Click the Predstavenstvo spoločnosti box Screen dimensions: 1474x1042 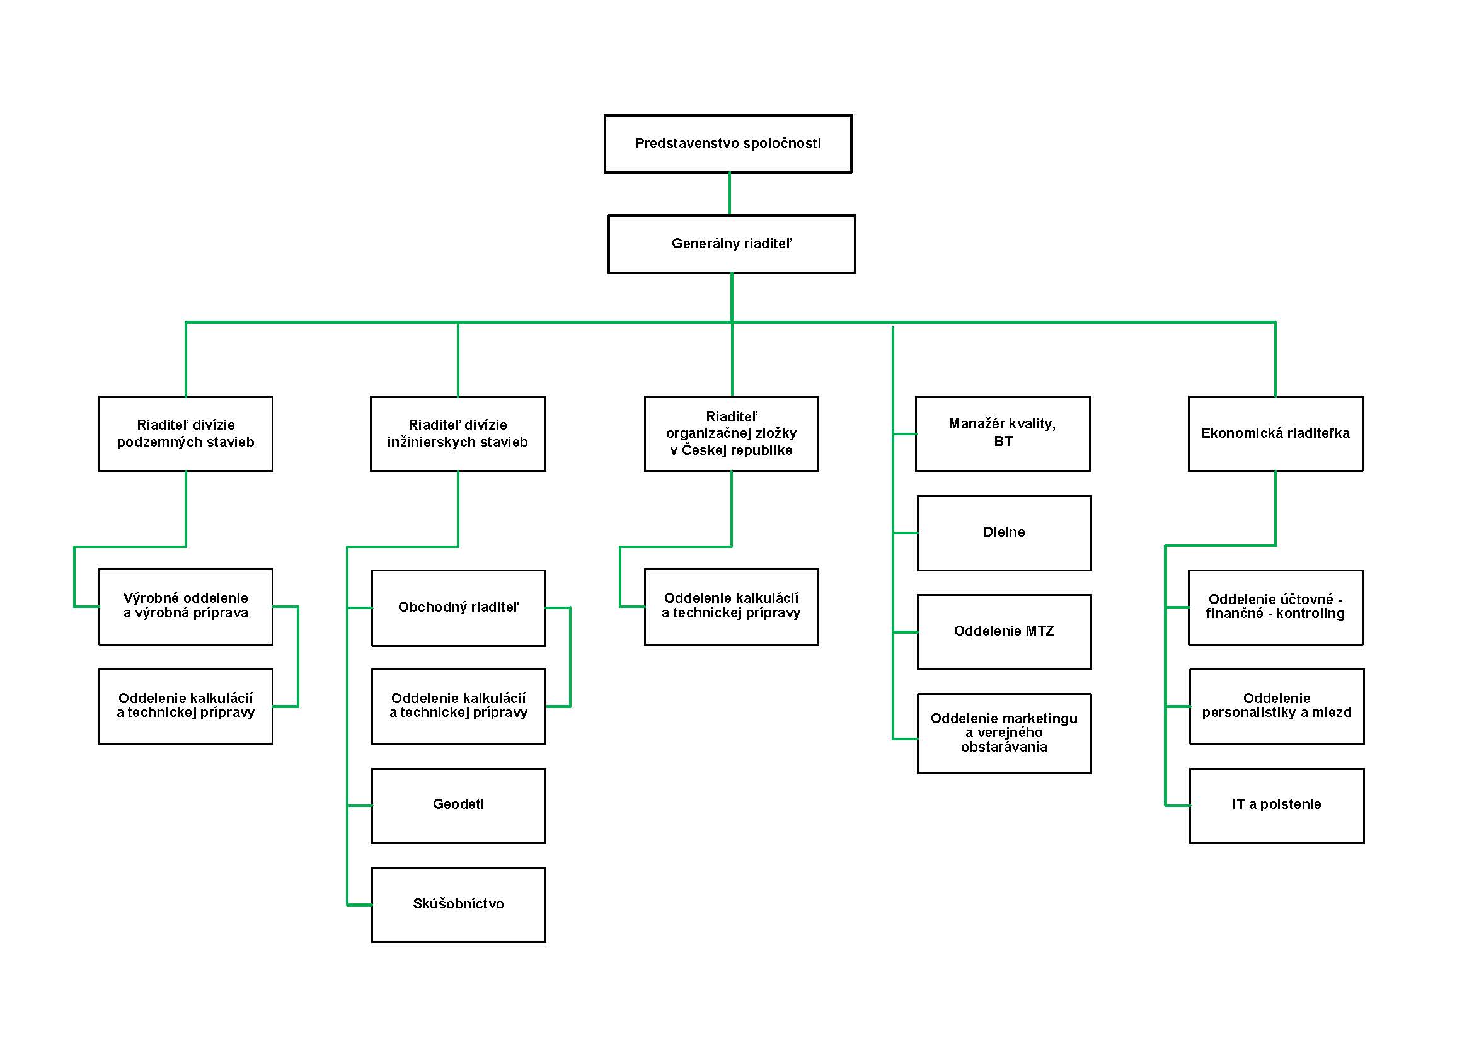tap(728, 144)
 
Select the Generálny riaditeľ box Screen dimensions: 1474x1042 tap(732, 244)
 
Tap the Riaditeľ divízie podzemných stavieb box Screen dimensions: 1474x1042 tap(185, 433)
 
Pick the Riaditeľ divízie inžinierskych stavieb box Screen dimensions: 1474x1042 tap(458, 433)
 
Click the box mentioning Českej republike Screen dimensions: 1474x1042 tap(731, 433)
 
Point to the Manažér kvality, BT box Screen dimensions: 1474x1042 tap(1003, 433)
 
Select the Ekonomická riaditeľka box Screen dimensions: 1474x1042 tap(1275, 433)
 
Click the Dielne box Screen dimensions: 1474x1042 tap(1004, 533)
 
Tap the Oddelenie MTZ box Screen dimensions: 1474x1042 tap(1004, 632)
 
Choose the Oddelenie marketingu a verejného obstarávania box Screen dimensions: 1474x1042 tap(1004, 733)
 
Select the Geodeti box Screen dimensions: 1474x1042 tap(458, 806)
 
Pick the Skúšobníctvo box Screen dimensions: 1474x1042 tap(458, 905)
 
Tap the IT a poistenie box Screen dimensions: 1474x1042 tap(1277, 806)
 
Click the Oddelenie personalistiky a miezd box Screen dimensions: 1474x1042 tap(1277, 706)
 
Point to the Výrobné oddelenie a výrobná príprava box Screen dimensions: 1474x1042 tap(185, 607)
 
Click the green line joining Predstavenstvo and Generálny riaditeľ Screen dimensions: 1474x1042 tap(729, 194)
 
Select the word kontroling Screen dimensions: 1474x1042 tap(1310, 614)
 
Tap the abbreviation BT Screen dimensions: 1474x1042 tap(1003, 442)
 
